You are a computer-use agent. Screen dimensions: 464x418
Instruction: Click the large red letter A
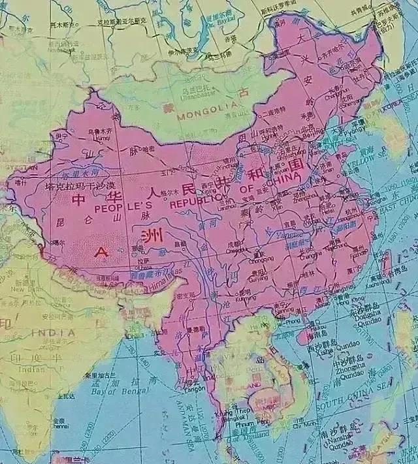pos(101,251)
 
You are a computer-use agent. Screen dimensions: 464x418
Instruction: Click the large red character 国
pos(297,162)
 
